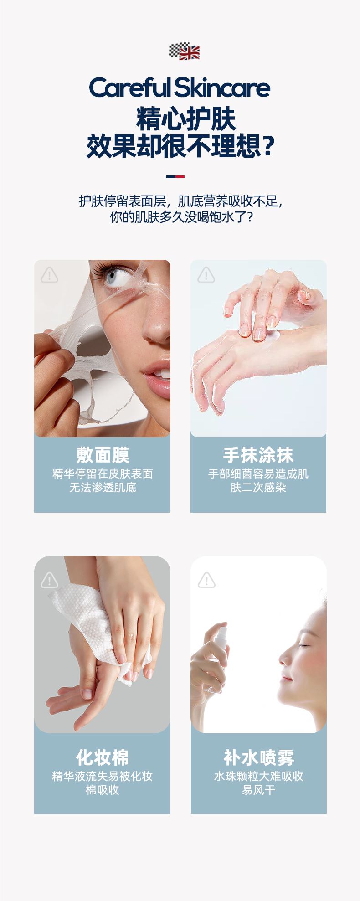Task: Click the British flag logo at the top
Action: (x=185, y=51)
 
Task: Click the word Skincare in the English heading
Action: (x=223, y=88)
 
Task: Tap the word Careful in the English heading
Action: (x=130, y=88)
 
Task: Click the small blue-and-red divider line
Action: (x=175, y=176)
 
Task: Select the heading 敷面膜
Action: (x=103, y=455)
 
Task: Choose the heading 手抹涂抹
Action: (x=258, y=455)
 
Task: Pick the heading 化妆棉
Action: (x=103, y=757)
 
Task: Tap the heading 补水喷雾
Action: (x=259, y=757)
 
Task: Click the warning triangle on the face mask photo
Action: (x=49, y=275)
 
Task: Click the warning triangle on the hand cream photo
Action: (x=206, y=275)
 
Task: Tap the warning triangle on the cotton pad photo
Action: (x=49, y=580)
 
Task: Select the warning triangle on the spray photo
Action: (x=206, y=580)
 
